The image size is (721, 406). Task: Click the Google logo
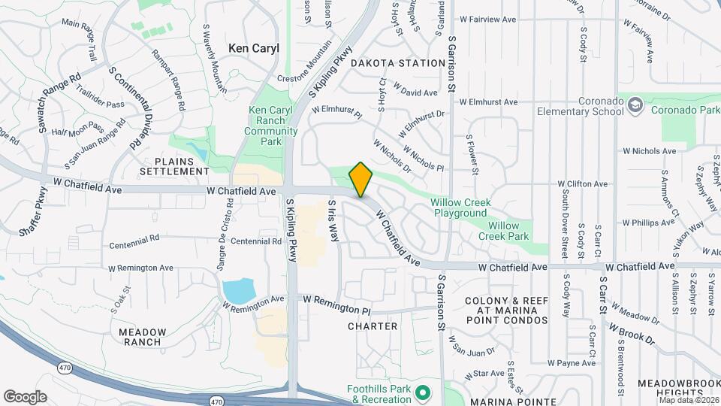(25, 396)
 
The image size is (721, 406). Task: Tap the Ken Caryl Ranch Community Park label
(266, 121)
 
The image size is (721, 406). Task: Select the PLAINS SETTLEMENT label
(180, 166)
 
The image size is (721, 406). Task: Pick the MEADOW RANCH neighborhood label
(140, 337)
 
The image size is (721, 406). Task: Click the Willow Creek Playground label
(459, 208)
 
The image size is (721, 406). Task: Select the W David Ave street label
(415, 93)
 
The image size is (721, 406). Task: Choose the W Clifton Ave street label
(582, 183)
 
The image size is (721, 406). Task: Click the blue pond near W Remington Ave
(238, 290)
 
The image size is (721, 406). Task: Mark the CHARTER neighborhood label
(373, 326)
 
